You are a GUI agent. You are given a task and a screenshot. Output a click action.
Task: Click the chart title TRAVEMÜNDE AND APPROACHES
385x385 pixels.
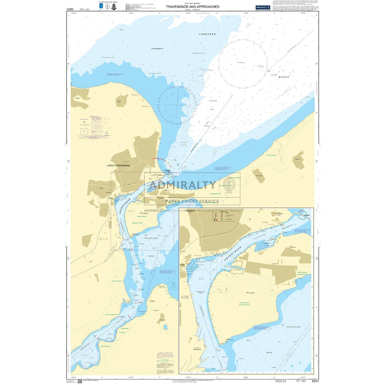point(192,7)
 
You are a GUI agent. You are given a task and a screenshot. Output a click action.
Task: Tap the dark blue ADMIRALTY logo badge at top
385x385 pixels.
point(263,7)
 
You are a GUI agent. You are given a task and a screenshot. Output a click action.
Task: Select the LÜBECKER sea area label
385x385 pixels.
point(207,34)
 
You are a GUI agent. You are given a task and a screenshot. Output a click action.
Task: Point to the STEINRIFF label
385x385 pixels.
point(157,49)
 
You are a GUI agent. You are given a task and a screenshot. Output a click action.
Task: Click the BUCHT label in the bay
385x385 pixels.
point(284,77)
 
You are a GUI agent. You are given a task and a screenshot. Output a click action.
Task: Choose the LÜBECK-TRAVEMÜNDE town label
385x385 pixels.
point(118,166)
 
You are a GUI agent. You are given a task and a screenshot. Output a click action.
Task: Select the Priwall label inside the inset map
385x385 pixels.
point(250,293)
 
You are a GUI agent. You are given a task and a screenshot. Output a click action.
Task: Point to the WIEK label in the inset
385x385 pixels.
point(269,352)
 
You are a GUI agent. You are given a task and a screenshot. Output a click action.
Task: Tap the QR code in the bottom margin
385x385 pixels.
point(80,381)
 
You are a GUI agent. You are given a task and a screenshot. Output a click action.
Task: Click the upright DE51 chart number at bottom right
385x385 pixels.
point(315,381)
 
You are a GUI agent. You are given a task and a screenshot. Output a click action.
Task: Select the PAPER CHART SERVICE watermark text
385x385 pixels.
point(192,201)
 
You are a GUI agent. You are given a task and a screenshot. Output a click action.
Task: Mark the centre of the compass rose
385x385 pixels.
point(177,104)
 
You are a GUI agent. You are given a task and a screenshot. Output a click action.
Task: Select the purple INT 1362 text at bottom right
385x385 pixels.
point(301,381)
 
